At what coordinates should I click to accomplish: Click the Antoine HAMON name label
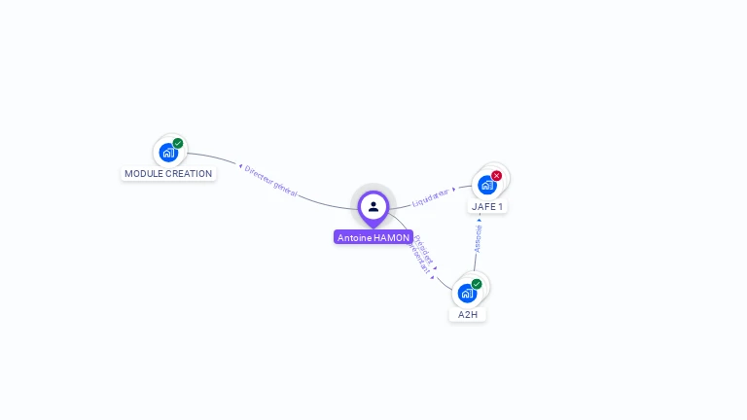(373, 237)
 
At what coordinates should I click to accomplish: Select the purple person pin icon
(373, 206)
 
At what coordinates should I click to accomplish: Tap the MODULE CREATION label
(168, 174)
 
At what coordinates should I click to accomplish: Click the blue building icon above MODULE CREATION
(168, 153)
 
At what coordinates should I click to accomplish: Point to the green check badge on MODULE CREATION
(178, 143)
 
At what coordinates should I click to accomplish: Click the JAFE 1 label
(487, 206)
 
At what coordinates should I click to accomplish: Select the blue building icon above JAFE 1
(486, 185)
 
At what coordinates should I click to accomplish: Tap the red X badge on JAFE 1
(497, 176)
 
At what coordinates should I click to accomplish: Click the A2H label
(468, 315)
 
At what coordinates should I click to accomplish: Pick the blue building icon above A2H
(467, 293)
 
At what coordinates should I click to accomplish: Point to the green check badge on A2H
(477, 284)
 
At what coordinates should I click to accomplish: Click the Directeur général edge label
(271, 182)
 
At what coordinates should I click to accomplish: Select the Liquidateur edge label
(431, 197)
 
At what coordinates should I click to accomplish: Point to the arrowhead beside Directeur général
(240, 166)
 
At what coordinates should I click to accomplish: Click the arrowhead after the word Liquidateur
(454, 189)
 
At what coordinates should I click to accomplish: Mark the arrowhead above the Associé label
(480, 220)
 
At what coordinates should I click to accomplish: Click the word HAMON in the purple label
(391, 237)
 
